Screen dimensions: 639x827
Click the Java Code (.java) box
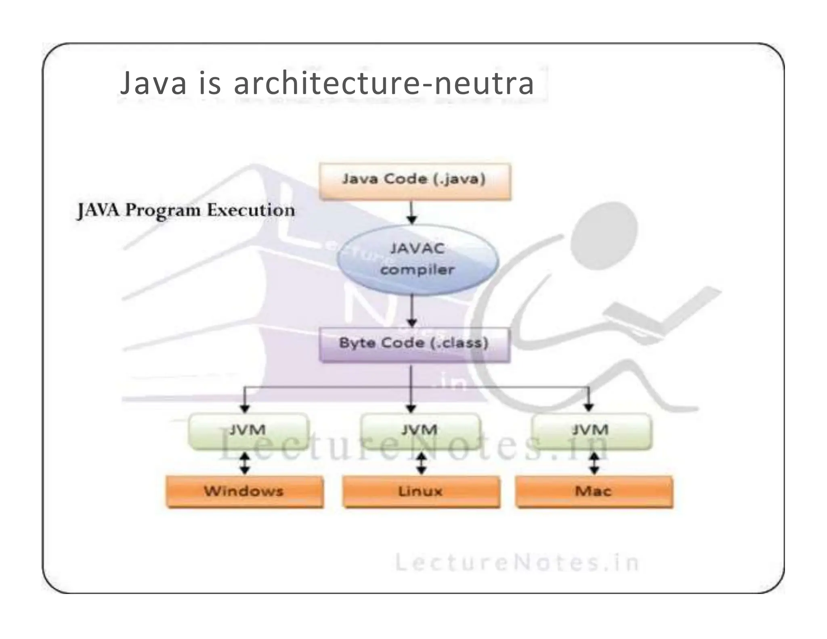point(415,180)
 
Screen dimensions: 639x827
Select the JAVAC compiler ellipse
point(418,259)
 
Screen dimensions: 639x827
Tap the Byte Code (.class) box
point(414,344)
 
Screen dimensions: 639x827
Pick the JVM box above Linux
point(420,430)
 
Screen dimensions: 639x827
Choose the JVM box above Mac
point(591,430)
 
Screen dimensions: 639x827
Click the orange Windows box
point(245,491)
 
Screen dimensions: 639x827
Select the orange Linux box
point(421,491)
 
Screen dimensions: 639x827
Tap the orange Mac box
point(594,491)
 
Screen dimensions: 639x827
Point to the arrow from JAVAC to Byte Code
point(411,311)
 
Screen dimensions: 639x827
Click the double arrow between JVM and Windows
point(245,463)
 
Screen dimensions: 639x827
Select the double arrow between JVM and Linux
point(421,463)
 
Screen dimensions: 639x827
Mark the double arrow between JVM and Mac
point(594,463)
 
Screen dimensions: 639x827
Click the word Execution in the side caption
point(251,210)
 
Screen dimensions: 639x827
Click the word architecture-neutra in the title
point(384,83)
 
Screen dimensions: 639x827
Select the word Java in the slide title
point(153,83)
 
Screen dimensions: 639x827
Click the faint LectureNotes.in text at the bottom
point(517,563)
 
